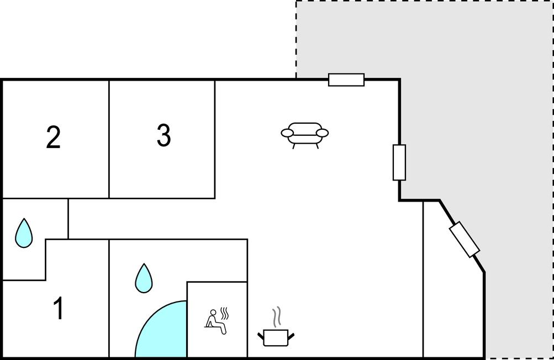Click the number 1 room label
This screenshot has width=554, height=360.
[x=59, y=308]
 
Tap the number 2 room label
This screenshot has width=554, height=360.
[x=54, y=137]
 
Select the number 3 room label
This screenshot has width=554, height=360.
[x=164, y=135]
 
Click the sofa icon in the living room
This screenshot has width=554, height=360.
[x=304, y=135]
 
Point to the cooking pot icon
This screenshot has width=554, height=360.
[x=276, y=337]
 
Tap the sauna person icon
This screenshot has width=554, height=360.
[x=216, y=321]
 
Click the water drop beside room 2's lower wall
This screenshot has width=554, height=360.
[x=24, y=234]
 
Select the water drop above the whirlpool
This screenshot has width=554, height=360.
[x=144, y=279]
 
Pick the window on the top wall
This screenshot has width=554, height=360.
[x=346, y=80]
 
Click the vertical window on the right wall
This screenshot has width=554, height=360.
[x=399, y=162]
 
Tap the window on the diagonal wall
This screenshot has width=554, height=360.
[x=465, y=240]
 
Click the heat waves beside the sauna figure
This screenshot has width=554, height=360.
[x=224, y=314]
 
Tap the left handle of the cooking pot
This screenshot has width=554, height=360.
[x=261, y=336]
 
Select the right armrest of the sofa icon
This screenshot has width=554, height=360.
[x=322, y=133]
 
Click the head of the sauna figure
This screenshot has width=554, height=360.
[x=213, y=313]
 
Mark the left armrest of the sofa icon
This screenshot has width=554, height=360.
[x=287, y=133]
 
